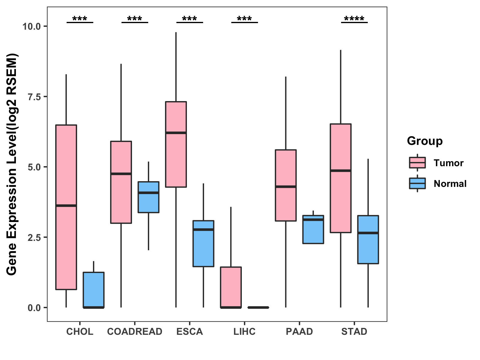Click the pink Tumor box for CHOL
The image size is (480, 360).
(x=66, y=207)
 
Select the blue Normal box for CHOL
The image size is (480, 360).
(x=94, y=290)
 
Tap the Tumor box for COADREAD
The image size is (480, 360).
(x=121, y=182)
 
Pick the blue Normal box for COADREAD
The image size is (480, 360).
(x=148, y=197)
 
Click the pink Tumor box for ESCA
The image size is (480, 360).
(x=176, y=144)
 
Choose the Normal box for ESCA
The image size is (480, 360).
(x=203, y=244)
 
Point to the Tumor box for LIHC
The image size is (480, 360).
(x=231, y=287)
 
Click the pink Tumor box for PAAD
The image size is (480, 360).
(x=286, y=185)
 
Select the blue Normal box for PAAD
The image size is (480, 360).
(x=313, y=229)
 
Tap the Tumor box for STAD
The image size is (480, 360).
(x=340, y=178)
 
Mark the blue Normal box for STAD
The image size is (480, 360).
(x=368, y=239)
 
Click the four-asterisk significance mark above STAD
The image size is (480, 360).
(x=354, y=19)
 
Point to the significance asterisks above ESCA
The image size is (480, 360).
(x=190, y=19)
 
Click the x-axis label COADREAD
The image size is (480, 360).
(x=135, y=331)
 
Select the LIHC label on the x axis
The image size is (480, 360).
(x=244, y=331)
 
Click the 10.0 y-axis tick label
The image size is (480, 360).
(x=31, y=26)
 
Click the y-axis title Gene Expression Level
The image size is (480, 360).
(x=12, y=164)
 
